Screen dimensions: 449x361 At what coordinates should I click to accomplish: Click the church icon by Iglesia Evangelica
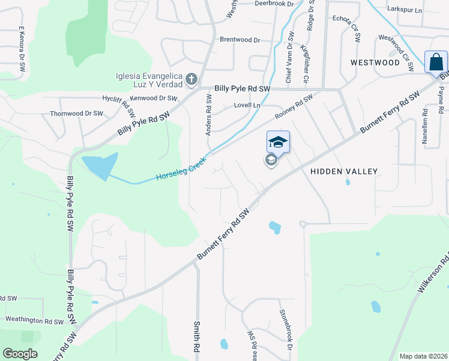(x=191, y=79)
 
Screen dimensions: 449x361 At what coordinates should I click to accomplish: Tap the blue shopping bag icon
(x=435, y=62)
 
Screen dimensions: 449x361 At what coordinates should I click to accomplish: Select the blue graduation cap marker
(x=278, y=142)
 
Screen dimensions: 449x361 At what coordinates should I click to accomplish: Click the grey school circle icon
(x=271, y=160)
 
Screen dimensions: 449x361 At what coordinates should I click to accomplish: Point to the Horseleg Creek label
(x=181, y=169)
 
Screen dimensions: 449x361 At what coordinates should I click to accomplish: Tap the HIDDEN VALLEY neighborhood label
(x=344, y=171)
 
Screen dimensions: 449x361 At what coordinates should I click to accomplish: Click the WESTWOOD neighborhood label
(x=375, y=63)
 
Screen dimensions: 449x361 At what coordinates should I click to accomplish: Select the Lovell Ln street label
(x=247, y=105)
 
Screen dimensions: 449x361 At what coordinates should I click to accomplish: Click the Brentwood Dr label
(x=240, y=40)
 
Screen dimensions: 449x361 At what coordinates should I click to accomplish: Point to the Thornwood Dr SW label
(x=76, y=113)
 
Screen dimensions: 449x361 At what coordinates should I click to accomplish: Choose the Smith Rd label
(x=196, y=336)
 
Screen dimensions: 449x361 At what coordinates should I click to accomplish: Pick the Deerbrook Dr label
(x=273, y=4)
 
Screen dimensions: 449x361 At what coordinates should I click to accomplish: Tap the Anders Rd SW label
(x=209, y=118)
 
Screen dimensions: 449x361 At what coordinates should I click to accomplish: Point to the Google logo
(x=20, y=354)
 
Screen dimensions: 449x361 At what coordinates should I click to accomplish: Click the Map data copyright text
(x=423, y=356)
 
